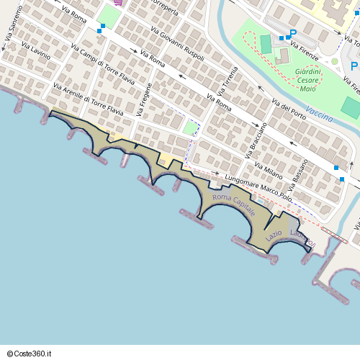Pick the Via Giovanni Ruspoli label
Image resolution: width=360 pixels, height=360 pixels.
pos(178,44)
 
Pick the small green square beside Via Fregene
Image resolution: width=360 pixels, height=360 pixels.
pos(191,128)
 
